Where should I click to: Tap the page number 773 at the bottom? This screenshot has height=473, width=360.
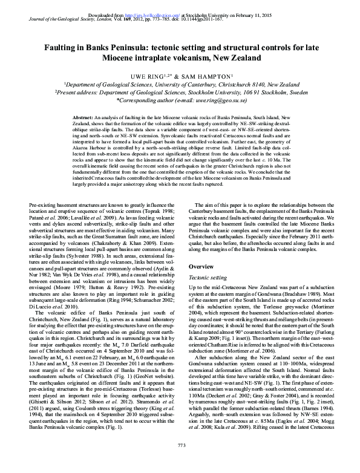pos(180,463)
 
